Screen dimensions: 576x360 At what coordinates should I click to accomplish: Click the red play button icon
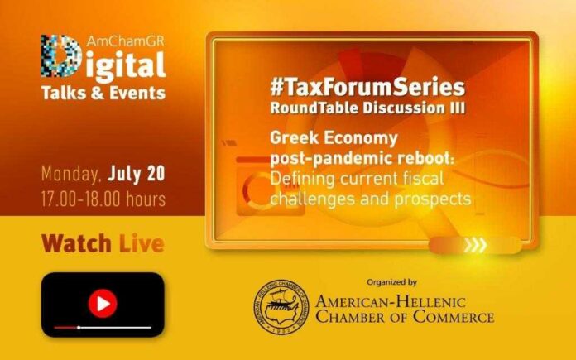(x=103, y=304)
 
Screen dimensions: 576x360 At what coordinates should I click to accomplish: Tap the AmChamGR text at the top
(x=126, y=41)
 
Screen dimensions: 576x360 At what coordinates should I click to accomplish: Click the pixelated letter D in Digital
(x=61, y=55)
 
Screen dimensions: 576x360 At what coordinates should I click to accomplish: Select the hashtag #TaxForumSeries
(x=367, y=87)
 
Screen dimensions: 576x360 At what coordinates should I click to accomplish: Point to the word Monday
(x=71, y=174)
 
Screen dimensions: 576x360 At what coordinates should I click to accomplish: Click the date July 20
(x=137, y=174)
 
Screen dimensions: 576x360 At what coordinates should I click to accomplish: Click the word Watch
(x=76, y=243)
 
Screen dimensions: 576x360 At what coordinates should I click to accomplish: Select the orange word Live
(x=142, y=243)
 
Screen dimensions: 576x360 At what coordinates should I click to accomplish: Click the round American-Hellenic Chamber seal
(x=281, y=307)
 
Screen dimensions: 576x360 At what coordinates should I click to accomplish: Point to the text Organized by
(x=391, y=282)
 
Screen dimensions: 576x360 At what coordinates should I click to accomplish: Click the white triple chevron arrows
(x=475, y=245)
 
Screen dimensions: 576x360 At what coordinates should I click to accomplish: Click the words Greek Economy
(x=334, y=138)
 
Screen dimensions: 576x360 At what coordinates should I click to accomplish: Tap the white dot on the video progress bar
(x=79, y=327)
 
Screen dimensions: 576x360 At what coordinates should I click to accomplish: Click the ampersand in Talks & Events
(x=97, y=93)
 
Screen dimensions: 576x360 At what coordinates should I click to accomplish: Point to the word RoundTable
(x=314, y=108)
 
